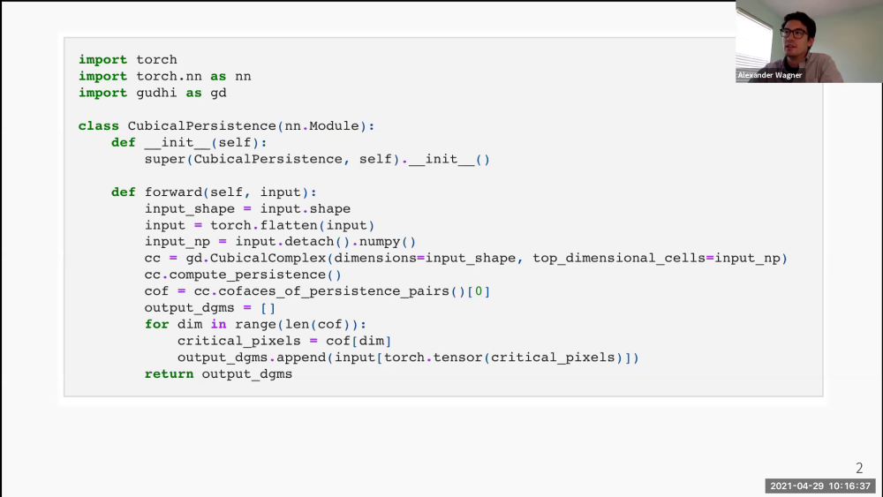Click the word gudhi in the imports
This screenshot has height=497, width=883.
click(x=156, y=93)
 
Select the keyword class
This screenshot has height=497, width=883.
click(x=99, y=125)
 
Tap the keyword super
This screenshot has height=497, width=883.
click(x=165, y=159)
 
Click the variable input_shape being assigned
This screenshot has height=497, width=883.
click(x=190, y=209)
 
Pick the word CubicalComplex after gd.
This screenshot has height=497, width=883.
click(x=268, y=258)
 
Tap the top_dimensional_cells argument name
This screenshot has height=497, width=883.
click(x=619, y=258)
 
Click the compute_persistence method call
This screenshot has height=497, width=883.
click(x=247, y=275)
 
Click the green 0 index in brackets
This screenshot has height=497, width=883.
click(x=479, y=291)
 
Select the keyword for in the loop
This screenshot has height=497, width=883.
click(x=156, y=324)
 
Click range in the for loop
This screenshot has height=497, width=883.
click(x=256, y=324)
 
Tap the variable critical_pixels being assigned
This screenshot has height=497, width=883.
click(x=239, y=341)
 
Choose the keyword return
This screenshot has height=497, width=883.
click(x=169, y=373)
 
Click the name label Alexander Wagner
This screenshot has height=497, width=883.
click(x=770, y=75)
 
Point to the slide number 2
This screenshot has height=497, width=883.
click(x=859, y=468)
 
